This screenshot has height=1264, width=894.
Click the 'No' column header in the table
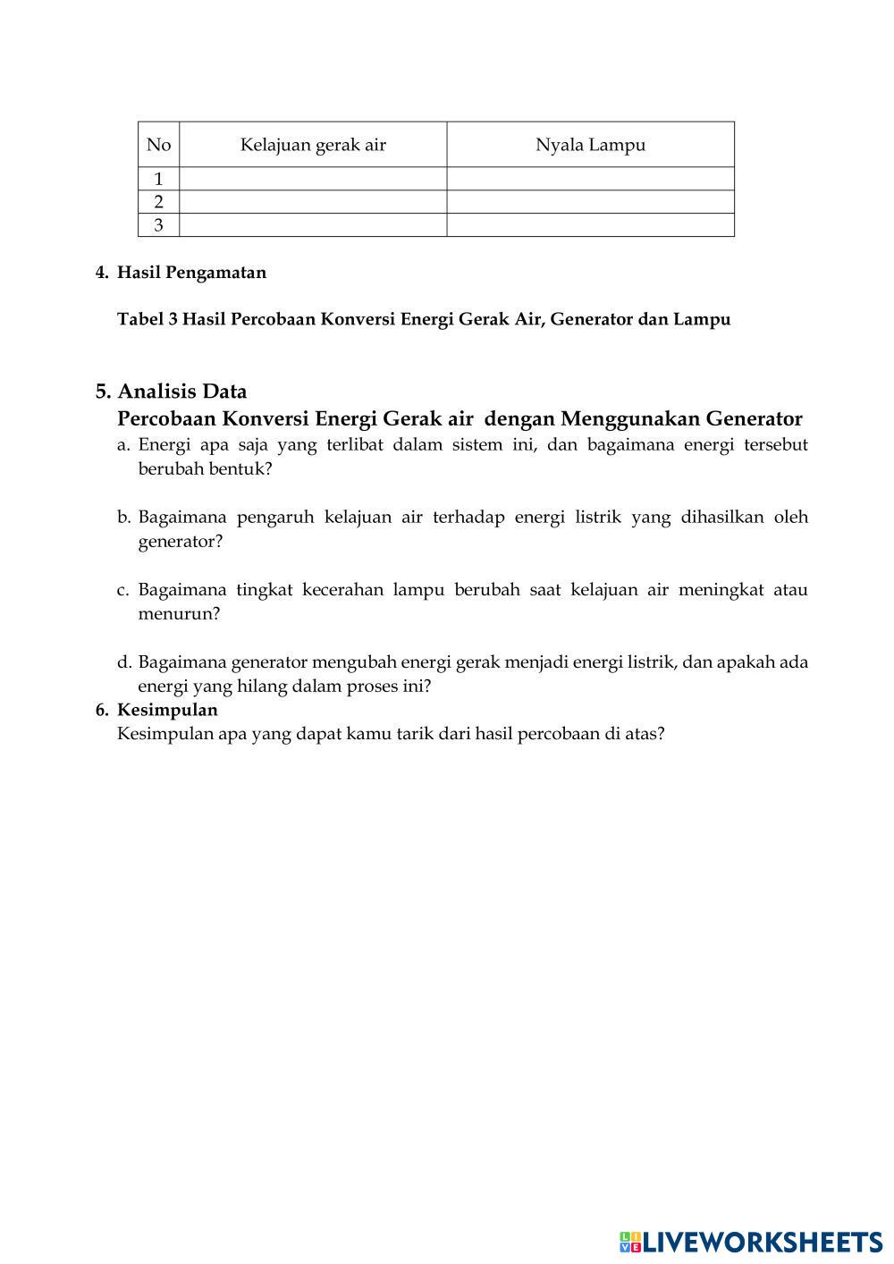[158, 145]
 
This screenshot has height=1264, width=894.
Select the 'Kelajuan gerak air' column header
[313, 145]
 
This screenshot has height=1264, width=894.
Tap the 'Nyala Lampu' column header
[590, 145]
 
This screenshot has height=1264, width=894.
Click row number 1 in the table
[158, 179]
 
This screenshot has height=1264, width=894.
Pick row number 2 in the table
[158, 202]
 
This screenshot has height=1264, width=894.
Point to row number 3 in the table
[158, 225]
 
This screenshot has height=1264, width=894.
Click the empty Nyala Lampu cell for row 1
[590, 179]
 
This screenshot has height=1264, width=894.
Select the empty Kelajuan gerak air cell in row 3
[313, 225]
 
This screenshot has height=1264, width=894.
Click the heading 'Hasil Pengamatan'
[191, 273]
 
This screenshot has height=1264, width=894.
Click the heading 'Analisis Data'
[182, 392]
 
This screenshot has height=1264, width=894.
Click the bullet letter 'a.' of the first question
[124, 444]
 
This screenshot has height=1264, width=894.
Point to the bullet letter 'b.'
[124, 517]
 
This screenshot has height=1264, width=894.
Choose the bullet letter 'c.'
[124, 589]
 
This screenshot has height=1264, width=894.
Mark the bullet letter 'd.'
[124, 662]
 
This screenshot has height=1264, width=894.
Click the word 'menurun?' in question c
[179, 614]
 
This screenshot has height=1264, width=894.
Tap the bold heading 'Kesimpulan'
[167, 710]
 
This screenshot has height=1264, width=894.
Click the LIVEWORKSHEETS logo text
[762, 1242]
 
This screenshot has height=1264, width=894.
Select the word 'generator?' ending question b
[181, 542]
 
